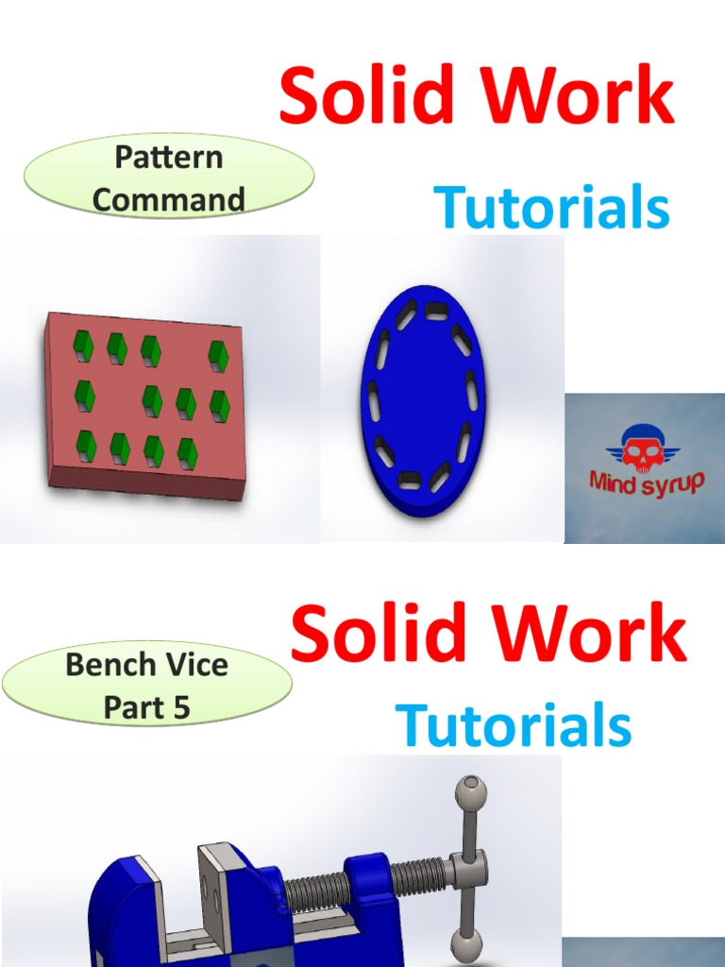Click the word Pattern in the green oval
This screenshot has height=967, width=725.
pos(168,157)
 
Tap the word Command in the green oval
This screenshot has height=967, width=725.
pos(168,199)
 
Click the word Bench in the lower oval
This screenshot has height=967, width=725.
pos(103,664)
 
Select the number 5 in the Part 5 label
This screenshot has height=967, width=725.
pos(180,707)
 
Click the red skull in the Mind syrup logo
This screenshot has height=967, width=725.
pos(643,451)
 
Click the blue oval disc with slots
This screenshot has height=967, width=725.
pos(420,401)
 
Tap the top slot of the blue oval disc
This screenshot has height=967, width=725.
pos(436,310)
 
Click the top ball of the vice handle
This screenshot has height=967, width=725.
pos(469,791)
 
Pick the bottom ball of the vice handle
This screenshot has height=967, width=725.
pos(467,943)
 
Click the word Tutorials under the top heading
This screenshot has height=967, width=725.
pos(551,209)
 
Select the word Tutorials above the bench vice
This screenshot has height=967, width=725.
pos(514,726)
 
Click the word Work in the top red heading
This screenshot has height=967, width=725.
pos(582,96)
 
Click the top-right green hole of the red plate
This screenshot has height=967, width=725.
pos(218,356)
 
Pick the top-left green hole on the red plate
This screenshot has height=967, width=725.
pos(84,347)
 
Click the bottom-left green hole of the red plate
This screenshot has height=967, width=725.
pos(86,446)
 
